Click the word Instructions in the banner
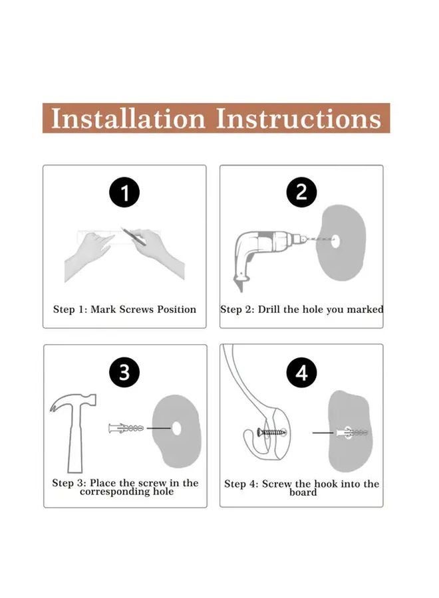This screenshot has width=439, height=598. [299, 118]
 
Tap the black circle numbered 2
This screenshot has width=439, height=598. [301, 193]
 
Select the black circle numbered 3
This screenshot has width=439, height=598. [124, 373]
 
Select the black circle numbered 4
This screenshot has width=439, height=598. [301, 373]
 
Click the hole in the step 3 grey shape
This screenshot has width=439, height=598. [178, 428]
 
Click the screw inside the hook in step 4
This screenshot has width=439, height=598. [270, 433]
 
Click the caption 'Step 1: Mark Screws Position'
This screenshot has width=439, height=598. [124, 310]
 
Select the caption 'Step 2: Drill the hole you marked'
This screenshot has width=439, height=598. [301, 310]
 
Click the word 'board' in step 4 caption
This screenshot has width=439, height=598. [303, 493]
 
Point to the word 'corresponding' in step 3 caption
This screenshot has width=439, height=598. [126, 492]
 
